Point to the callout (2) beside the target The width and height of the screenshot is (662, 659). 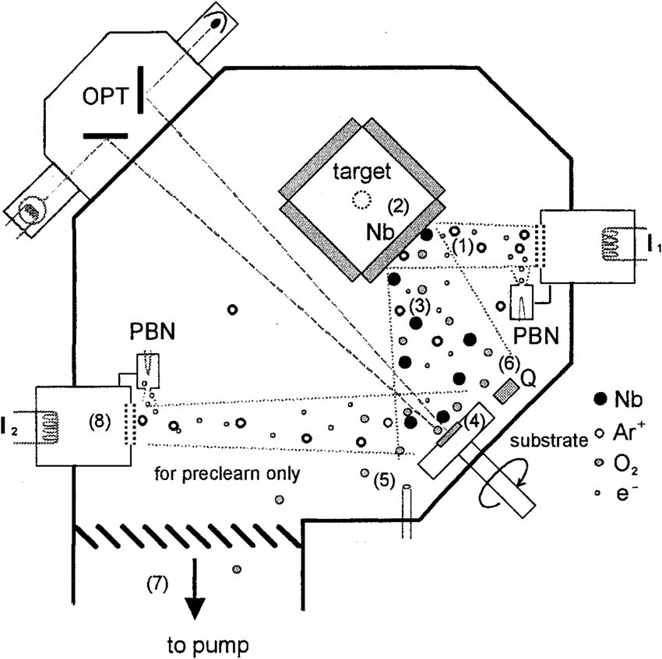[x=397, y=206]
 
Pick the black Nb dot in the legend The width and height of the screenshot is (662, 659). [x=600, y=399]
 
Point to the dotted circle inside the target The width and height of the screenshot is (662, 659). [x=361, y=200]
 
